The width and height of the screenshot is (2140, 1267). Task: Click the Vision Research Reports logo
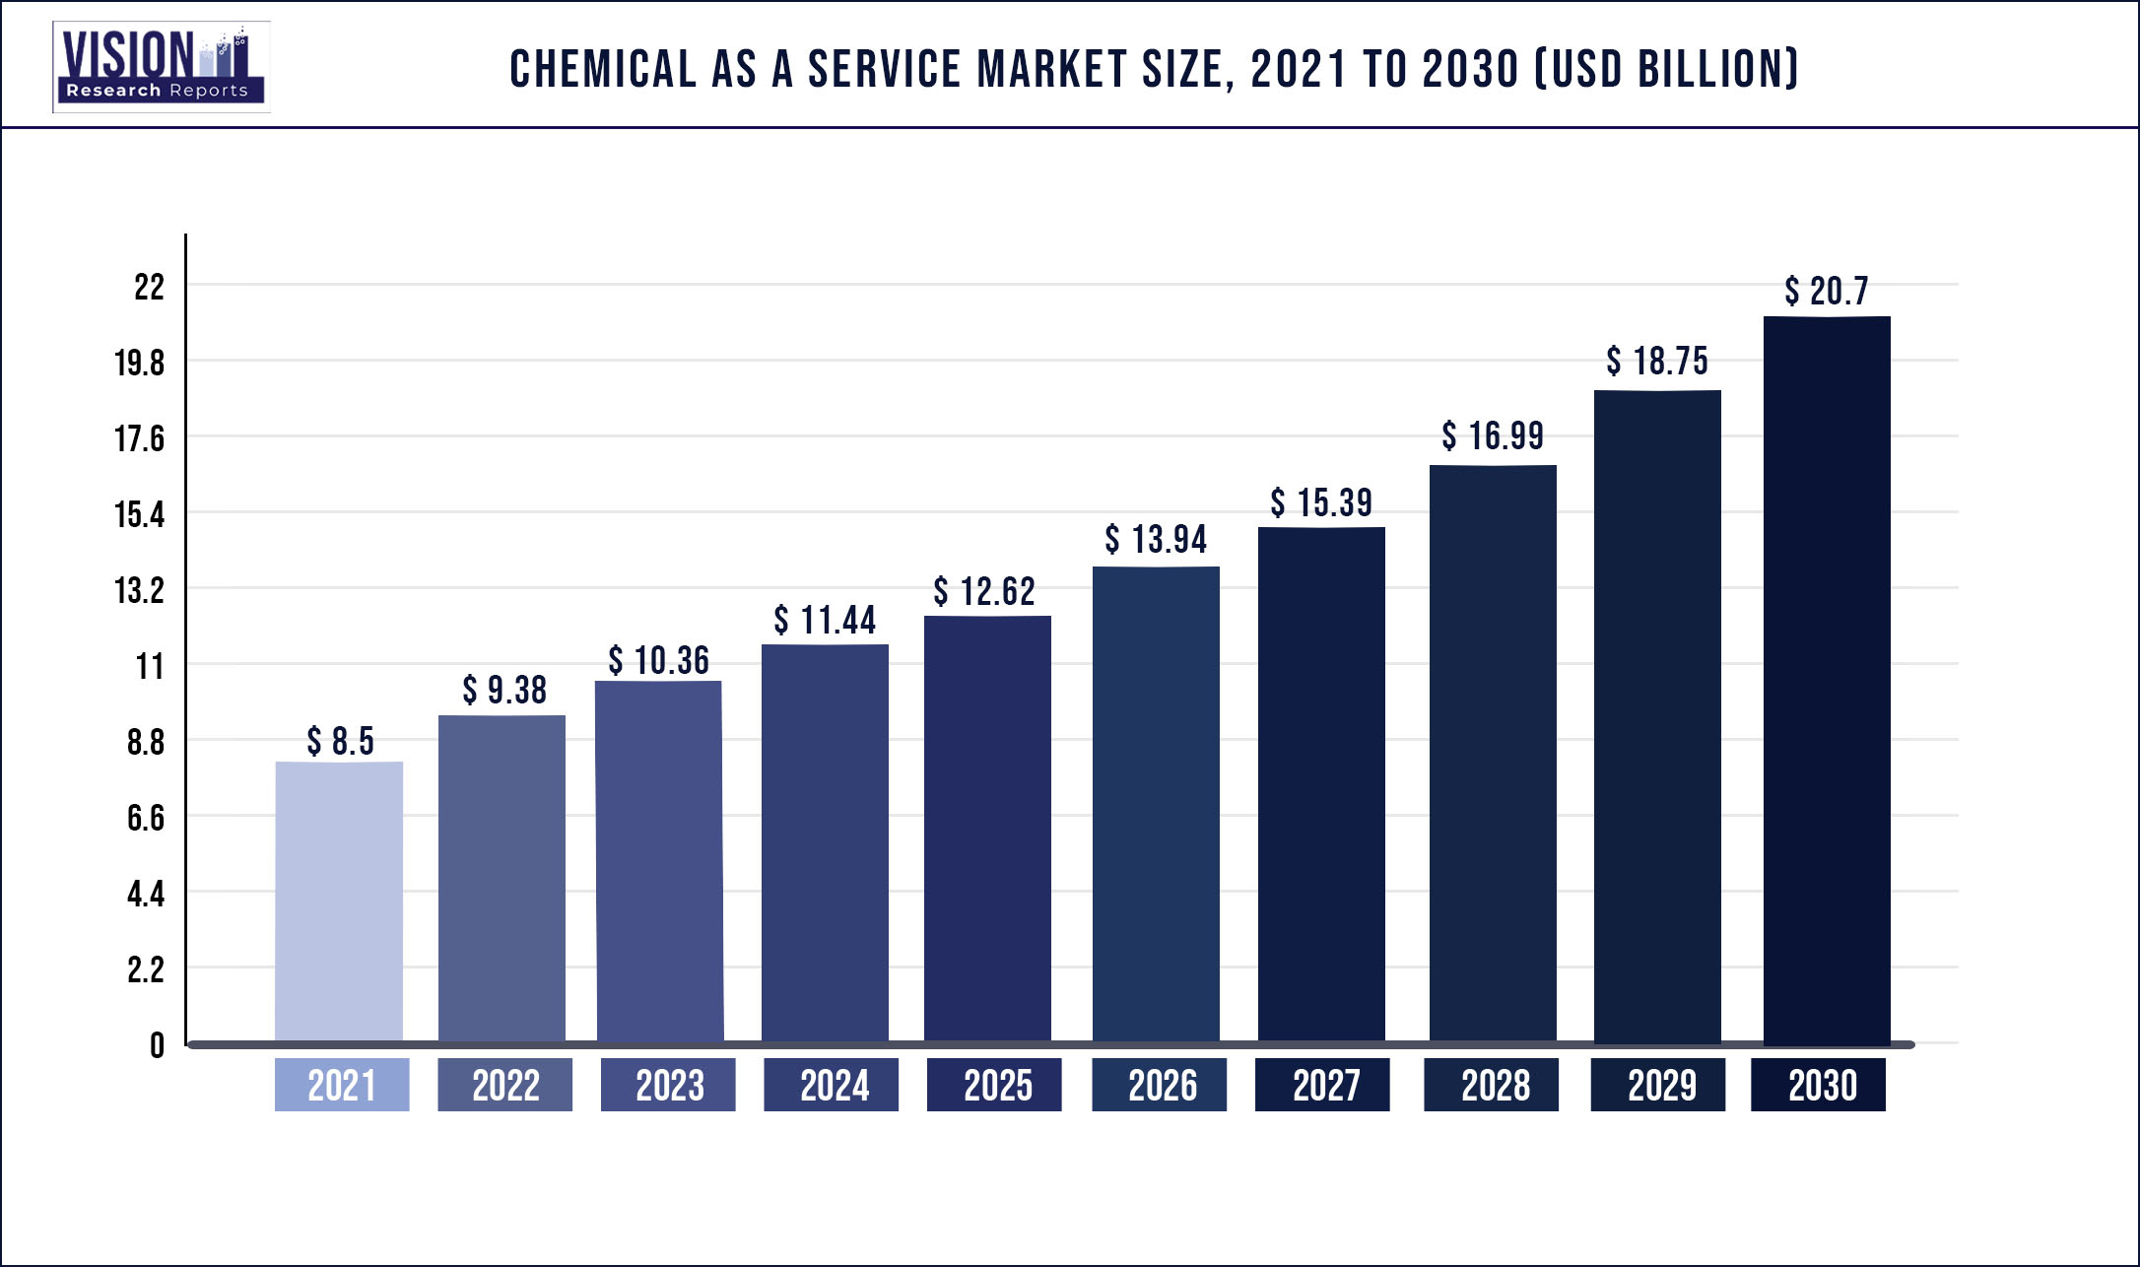161,67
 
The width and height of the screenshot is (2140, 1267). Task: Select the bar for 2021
339,901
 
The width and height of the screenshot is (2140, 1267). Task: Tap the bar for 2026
1156,803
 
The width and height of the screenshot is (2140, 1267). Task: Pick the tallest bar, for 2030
1827,680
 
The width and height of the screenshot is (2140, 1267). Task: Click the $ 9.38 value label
504,690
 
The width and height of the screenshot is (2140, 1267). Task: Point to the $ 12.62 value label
984,591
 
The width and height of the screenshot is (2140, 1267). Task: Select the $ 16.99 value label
1493,435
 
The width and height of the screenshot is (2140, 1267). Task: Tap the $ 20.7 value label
1827,291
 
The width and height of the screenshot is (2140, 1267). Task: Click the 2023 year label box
668,1085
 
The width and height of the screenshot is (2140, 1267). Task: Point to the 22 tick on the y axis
149,287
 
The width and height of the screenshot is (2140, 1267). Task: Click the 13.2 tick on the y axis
139,590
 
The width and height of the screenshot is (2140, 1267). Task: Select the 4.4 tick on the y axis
145,894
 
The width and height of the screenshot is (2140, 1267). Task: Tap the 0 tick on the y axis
157,1045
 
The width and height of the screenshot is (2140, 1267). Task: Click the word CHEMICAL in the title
603,69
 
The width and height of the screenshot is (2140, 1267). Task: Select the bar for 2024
825,842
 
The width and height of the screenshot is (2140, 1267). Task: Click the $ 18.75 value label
1657,361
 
